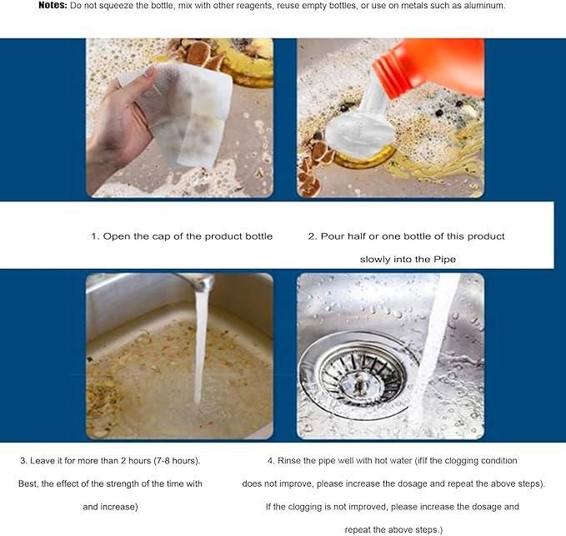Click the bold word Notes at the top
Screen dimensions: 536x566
point(53,6)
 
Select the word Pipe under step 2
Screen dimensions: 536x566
point(443,260)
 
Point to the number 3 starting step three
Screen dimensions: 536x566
point(23,461)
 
